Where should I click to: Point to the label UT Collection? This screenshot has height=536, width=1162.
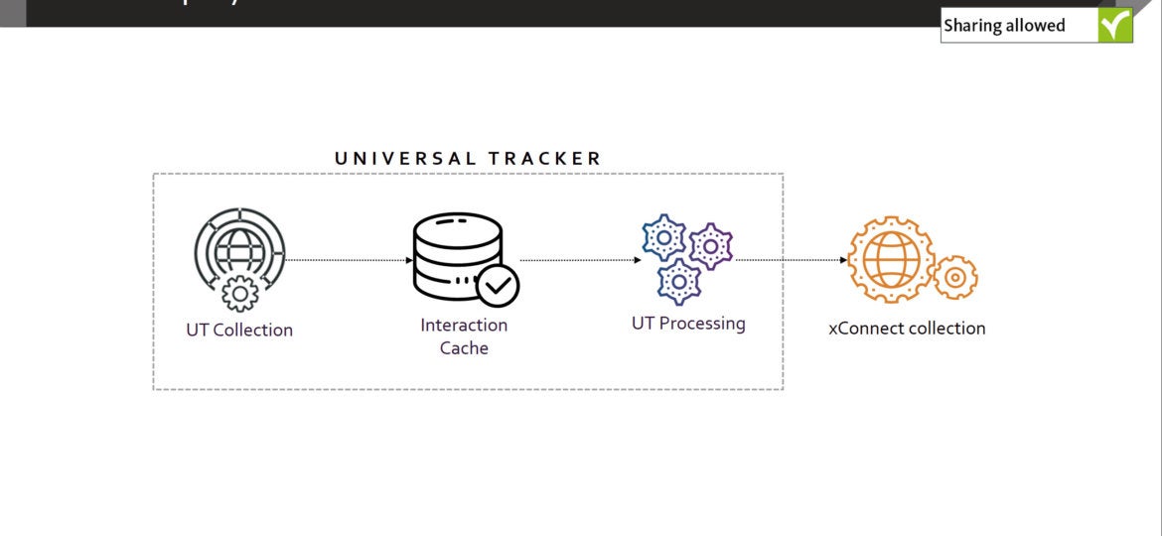click(239, 331)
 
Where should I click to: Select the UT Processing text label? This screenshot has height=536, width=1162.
click(688, 324)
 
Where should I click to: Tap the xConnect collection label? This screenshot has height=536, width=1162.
click(907, 329)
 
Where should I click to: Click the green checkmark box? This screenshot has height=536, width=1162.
click(1115, 26)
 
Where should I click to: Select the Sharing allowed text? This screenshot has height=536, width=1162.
click(1004, 26)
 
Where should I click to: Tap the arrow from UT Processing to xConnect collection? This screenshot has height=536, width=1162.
click(791, 260)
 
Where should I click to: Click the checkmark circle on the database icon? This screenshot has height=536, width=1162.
click(498, 286)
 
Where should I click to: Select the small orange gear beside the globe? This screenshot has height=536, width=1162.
click(955, 278)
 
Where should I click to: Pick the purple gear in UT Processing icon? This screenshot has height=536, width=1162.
click(711, 245)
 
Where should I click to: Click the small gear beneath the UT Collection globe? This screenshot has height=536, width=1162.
click(239, 293)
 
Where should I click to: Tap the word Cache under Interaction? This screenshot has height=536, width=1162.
click(464, 348)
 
